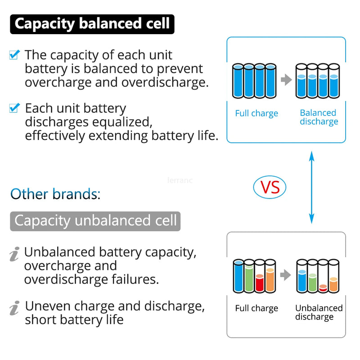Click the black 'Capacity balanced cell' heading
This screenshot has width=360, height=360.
(x=92, y=24)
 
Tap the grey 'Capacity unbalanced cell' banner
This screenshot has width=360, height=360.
(x=95, y=221)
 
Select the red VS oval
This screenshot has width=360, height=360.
(x=270, y=187)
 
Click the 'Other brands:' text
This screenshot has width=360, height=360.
(x=55, y=194)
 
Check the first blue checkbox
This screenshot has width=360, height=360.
(x=14, y=55)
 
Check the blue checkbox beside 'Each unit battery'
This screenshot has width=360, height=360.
(x=14, y=108)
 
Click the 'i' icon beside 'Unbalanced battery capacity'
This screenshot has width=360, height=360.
(x=14, y=255)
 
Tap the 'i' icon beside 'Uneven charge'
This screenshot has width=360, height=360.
(x=14, y=308)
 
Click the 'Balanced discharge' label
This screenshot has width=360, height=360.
(x=319, y=117)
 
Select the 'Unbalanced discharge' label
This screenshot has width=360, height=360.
(x=319, y=312)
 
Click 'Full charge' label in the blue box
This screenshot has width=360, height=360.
(x=256, y=113)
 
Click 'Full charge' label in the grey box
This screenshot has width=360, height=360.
(x=256, y=309)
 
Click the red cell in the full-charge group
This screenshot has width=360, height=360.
(x=260, y=283)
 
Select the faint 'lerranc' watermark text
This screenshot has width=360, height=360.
(x=180, y=180)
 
